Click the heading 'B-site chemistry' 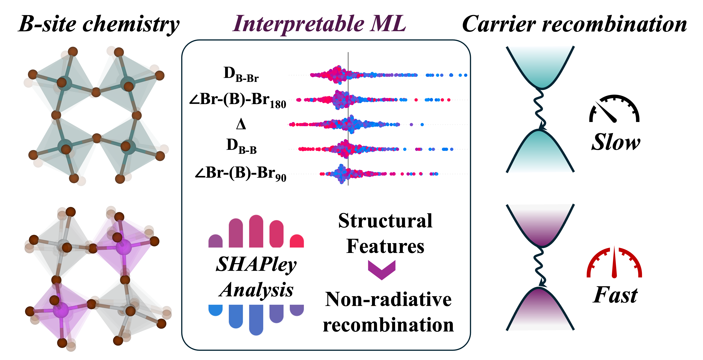point(99,25)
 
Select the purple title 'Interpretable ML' point(319,24)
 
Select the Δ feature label point(241,125)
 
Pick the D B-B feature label point(241,147)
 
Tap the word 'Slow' point(616,142)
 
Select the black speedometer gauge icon point(614,109)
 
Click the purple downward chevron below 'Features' point(382,270)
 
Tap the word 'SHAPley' point(256,265)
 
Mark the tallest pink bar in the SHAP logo point(256,231)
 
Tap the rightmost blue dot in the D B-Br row point(466,75)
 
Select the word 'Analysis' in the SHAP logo point(256,290)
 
